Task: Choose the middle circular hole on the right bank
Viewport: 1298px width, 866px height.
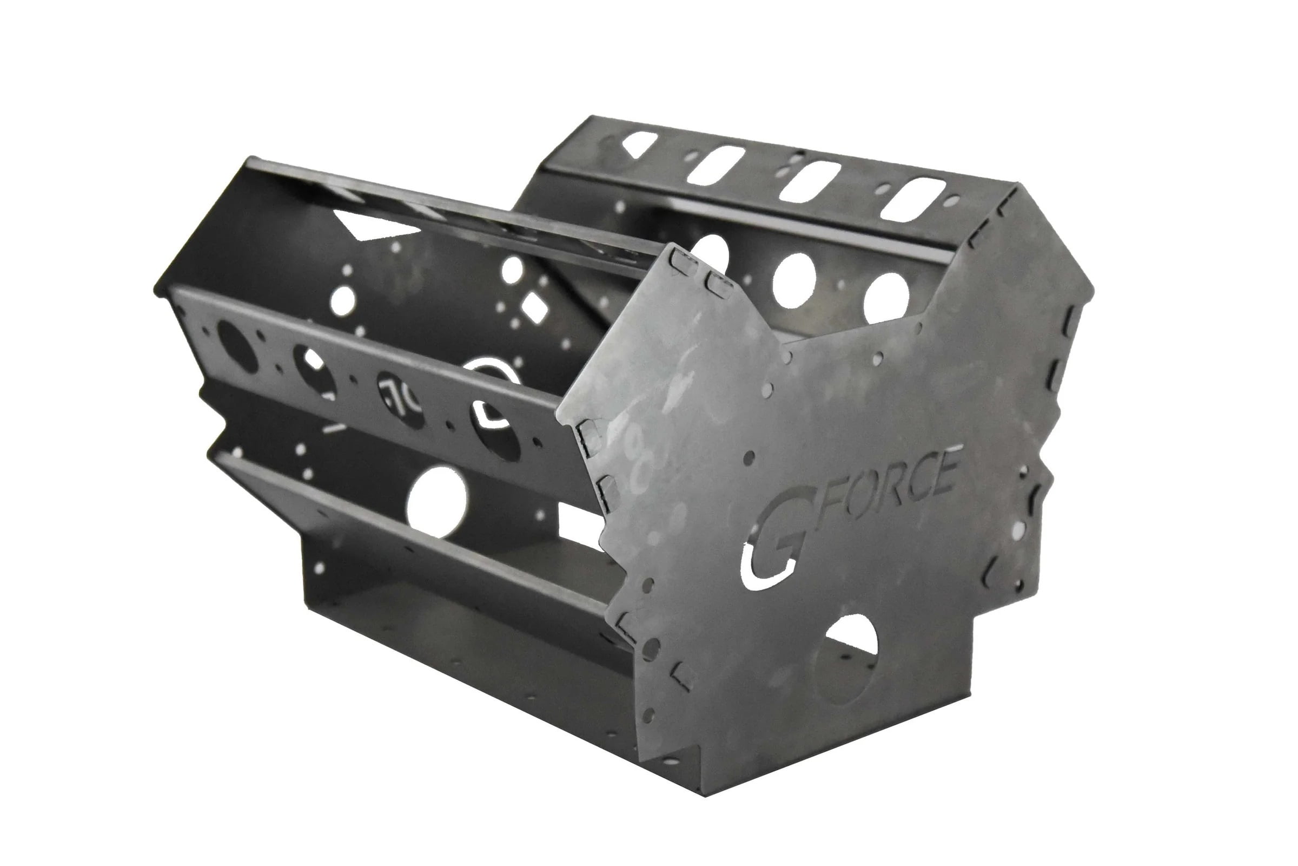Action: click(794, 277)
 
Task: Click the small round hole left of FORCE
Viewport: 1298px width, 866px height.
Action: click(749, 457)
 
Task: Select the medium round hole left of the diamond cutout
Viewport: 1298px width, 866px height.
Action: click(513, 270)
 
